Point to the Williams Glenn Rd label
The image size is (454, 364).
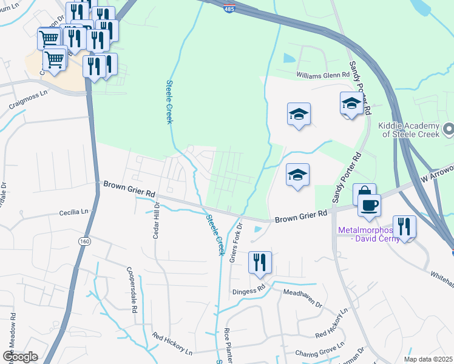click(x=323, y=75)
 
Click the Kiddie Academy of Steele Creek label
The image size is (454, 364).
click(x=412, y=133)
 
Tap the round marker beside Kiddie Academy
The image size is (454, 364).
click(x=449, y=129)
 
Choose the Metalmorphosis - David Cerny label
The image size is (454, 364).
click(x=368, y=234)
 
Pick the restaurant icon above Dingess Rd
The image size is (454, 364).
click(x=260, y=263)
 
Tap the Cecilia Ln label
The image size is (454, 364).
click(x=73, y=212)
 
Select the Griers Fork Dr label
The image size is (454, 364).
click(x=236, y=242)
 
